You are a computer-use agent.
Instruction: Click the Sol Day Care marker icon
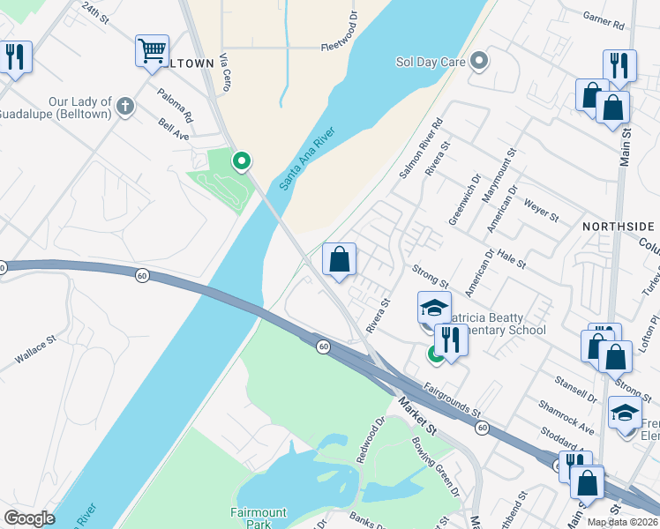pyautogui.click(x=479, y=62)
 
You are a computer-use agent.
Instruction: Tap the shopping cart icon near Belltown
pyautogui.click(x=152, y=50)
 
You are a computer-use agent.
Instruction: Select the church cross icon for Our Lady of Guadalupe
pyautogui.click(x=125, y=108)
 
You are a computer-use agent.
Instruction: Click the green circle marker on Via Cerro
pyautogui.click(x=240, y=161)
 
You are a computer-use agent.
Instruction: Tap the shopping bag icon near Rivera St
pyautogui.click(x=340, y=259)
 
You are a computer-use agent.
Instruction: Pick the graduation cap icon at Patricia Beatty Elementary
pyautogui.click(x=433, y=308)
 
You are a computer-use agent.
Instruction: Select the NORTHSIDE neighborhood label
pyautogui.click(x=618, y=227)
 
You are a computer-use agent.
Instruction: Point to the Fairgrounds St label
pyautogui.click(x=451, y=399)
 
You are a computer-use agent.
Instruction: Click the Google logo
pyautogui.click(x=29, y=518)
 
